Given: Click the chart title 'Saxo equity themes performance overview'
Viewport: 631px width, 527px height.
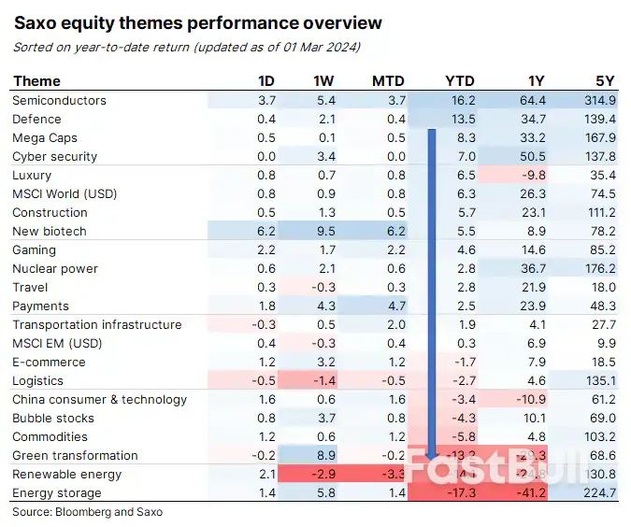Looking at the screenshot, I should pyautogui.click(x=197, y=22).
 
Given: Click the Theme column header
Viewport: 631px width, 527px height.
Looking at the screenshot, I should pyautogui.click(x=37, y=80).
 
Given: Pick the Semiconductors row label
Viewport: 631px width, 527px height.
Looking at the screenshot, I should pyautogui.click(x=59, y=100).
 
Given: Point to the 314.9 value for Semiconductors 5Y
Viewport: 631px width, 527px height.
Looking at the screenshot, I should pyautogui.click(x=599, y=100).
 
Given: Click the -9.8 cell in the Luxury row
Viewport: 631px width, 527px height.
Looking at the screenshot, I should pyautogui.click(x=534, y=175).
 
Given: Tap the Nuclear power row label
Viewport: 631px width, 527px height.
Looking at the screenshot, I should pyautogui.click(x=54, y=268).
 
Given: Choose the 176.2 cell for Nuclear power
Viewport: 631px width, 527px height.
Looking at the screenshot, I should pyautogui.click(x=599, y=268).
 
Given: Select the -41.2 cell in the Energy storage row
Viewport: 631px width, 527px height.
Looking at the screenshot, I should pyautogui.click(x=530, y=492).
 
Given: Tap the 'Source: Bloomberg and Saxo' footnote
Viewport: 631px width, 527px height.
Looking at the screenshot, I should pyautogui.click(x=87, y=512).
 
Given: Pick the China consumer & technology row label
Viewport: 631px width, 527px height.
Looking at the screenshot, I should pyautogui.click(x=99, y=399).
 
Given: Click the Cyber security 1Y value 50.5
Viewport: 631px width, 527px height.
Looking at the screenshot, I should pyautogui.click(x=532, y=156).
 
